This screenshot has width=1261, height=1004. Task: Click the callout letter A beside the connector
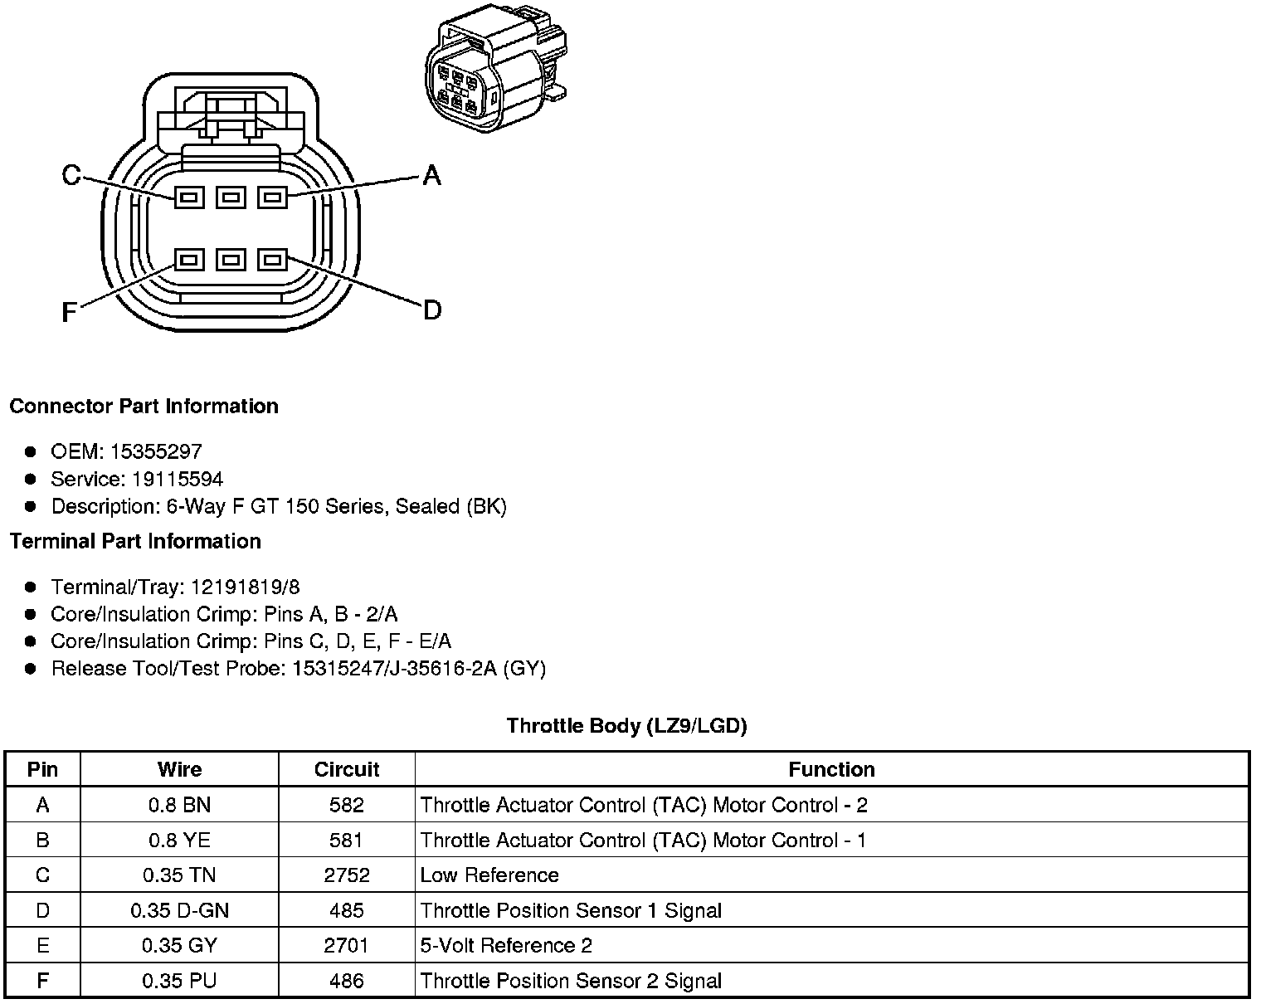pos(431,175)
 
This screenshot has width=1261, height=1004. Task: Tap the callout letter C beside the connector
pos(72,175)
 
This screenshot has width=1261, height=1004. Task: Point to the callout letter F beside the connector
pos(70,312)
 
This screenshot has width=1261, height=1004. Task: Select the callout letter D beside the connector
pos(432,310)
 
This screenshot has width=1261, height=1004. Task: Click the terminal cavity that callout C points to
pos(189,197)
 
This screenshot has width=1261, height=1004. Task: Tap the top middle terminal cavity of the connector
pos(231,197)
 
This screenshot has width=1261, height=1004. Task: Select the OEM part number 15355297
pos(156,451)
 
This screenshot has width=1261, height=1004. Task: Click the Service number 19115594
pos(178,479)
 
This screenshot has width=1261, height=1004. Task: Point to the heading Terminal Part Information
pos(135,541)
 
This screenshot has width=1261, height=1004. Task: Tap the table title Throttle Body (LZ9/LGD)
pos(626,726)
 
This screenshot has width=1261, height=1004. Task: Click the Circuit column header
pos(347,769)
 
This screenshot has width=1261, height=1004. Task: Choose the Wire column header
pos(179,769)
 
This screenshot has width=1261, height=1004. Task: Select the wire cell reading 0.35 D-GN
pos(179,910)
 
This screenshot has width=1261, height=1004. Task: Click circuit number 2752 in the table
pos(347,875)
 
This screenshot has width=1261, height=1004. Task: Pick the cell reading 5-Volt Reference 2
pos(506,945)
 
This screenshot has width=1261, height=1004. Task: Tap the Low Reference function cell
pos(489,875)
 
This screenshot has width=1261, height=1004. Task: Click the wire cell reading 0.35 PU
pos(179,981)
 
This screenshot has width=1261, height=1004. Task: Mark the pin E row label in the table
pos(42,945)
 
